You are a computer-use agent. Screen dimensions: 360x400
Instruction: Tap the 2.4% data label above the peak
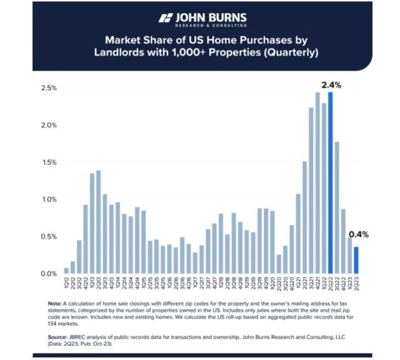pyautogui.click(x=331, y=84)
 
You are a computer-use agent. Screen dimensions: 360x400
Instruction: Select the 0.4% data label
pyautogui.click(x=359, y=235)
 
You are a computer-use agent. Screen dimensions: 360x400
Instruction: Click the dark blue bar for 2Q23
pyautogui.click(x=357, y=260)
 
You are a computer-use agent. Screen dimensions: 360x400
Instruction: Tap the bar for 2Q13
pyautogui.click(x=99, y=222)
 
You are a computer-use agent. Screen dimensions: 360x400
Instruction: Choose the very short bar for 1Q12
pyautogui.click(x=66, y=271)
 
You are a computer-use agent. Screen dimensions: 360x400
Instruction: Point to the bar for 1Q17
pyautogui.click(x=195, y=263)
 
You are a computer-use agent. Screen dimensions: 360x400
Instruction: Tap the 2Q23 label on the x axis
pyautogui.click(x=357, y=282)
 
